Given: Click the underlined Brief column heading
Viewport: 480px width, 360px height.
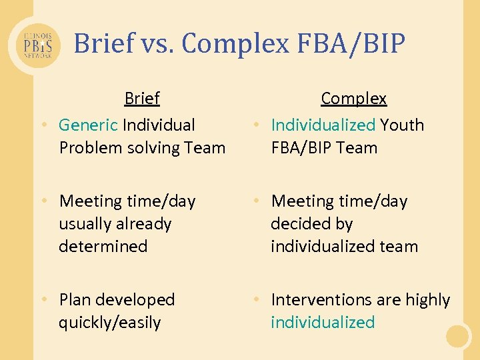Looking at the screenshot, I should click(142, 99).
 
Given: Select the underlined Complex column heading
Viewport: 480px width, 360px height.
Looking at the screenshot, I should click(353, 99).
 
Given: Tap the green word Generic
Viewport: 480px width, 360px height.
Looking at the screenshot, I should click(88, 125).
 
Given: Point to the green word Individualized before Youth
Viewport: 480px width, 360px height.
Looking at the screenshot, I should click(323, 125).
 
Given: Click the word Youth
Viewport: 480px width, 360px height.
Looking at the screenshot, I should click(402, 125).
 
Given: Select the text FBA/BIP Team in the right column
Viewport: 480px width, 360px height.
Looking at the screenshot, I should click(324, 147).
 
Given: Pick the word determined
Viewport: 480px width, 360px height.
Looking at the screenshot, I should click(103, 246).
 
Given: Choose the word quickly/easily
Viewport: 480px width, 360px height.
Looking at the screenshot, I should click(110, 323).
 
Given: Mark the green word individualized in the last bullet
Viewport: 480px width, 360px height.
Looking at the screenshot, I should click(323, 323).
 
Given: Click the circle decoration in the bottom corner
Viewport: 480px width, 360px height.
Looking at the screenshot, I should click(458, 336).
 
